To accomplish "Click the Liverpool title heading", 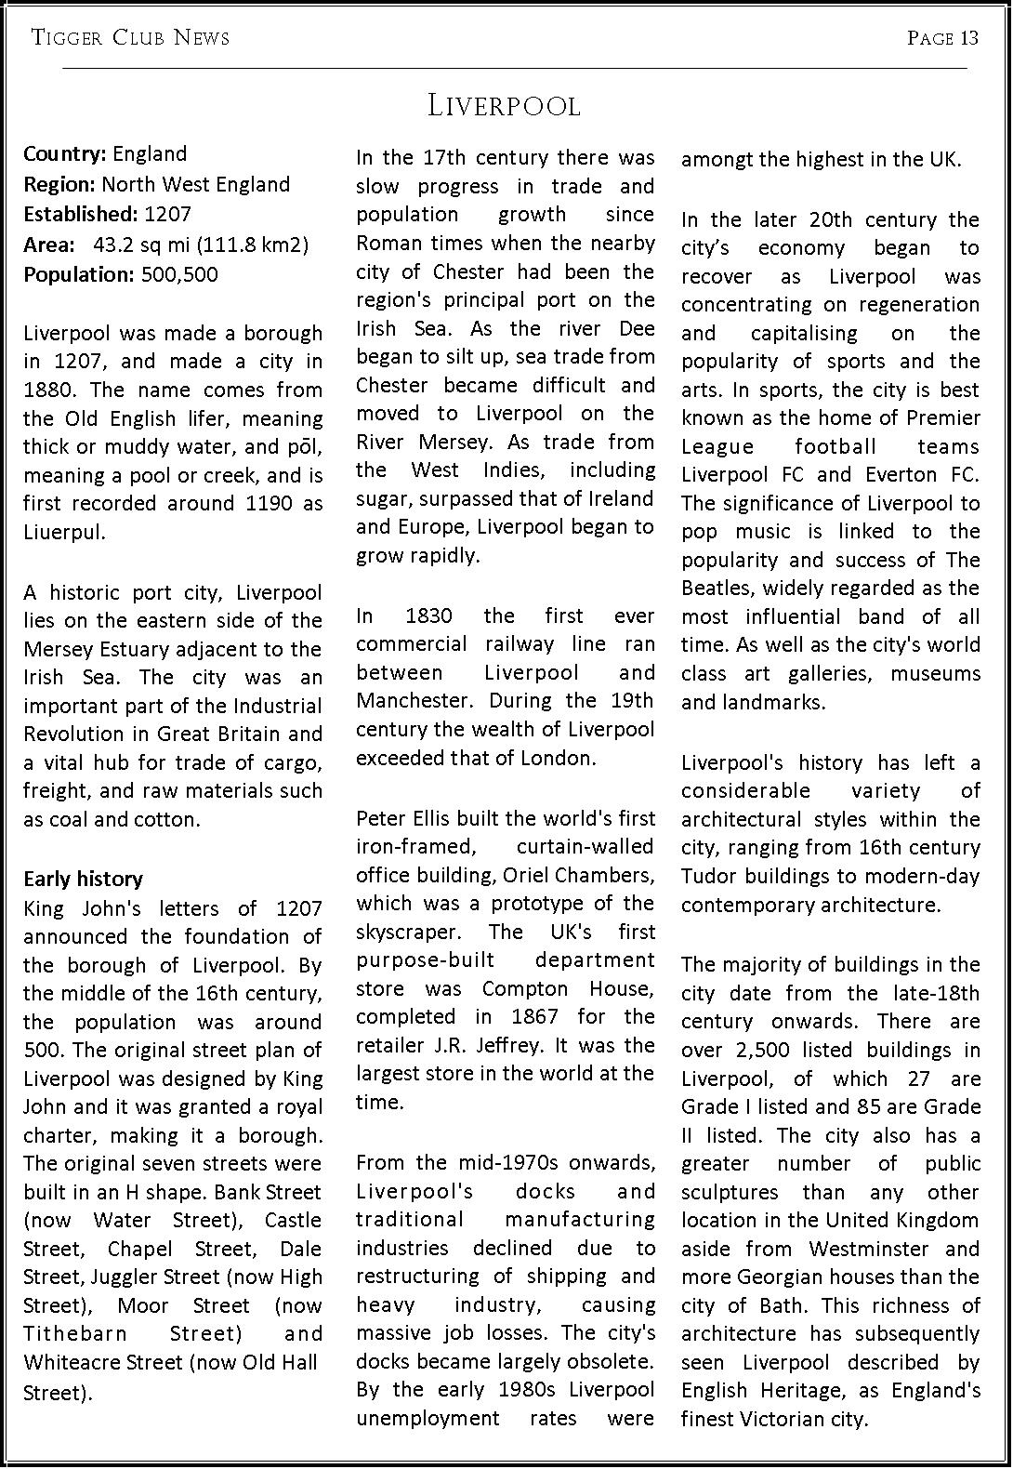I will click(504, 106).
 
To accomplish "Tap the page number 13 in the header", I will click(969, 38).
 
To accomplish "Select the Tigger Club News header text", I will click(130, 38).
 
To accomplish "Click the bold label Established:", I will click(80, 214).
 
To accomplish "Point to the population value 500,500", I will click(179, 274).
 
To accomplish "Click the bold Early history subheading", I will click(83, 879).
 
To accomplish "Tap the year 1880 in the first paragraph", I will click(46, 390).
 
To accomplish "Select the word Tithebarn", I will click(75, 1334).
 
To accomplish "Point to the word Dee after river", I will click(637, 328).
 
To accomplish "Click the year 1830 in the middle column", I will click(429, 615).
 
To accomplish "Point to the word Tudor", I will click(708, 876).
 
